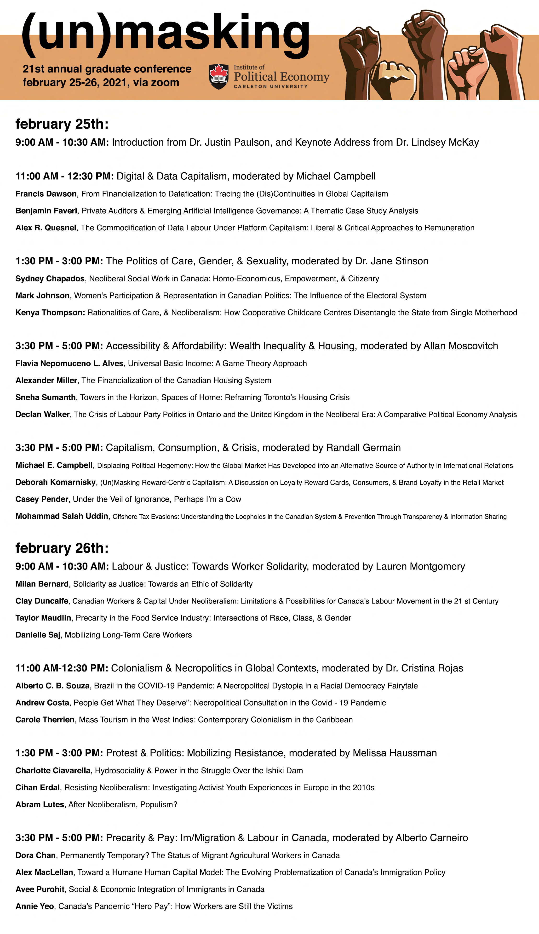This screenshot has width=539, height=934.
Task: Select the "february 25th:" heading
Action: [x=62, y=124]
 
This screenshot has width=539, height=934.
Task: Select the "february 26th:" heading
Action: [x=62, y=548]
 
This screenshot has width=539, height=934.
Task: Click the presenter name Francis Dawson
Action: [x=46, y=194]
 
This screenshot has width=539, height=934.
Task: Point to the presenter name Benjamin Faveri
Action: [x=46, y=211]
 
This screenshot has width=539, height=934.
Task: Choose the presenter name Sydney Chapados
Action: [x=50, y=279]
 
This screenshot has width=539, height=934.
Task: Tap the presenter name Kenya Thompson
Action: [x=50, y=313]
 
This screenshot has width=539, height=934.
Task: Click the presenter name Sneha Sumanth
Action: [x=46, y=398]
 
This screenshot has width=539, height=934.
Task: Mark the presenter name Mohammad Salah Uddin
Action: [x=62, y=516]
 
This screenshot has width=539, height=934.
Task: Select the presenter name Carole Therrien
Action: [x=45, y=720]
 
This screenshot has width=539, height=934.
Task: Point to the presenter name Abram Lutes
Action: [x=40, y=804]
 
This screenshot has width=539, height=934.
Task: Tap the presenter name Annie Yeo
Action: [x=35, y=906]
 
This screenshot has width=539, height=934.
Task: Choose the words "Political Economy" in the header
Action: [x=281, y=77]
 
